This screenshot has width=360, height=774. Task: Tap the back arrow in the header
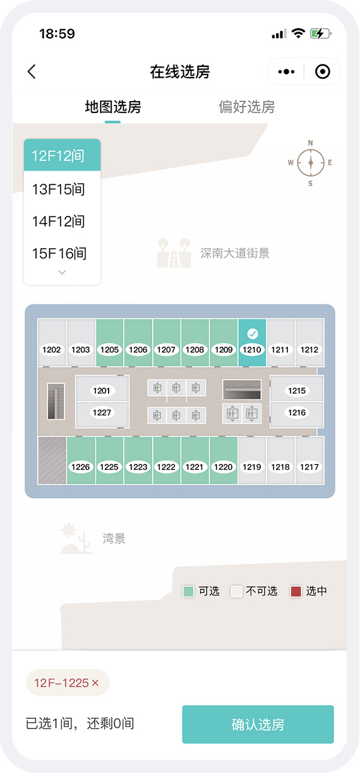pos(32,72)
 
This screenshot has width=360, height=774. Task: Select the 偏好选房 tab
pos(246,107)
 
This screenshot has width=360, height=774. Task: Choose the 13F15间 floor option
pos(59,189)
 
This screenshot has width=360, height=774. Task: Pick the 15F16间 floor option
pos(59,253)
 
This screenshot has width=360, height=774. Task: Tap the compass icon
pos(310,162)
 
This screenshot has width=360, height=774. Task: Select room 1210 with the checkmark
pos(252,342)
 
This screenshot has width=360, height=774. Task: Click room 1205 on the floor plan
pos(110,342)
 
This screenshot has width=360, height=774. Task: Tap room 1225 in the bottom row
pos(109,460)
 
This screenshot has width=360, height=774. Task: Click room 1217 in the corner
pos(309,460)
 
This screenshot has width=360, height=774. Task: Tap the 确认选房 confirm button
pos(258,724)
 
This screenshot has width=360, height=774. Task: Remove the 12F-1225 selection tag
pos(95,682)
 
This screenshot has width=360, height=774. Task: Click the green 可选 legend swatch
pos(188,591)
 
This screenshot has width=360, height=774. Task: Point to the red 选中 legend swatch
pos(296,591)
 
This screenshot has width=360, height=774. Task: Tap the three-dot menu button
pos(286,72)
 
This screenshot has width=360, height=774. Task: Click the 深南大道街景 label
pos(235,253)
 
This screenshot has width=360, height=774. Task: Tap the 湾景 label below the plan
pos(114,539)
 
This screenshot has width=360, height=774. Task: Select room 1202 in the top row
pos(52,342)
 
